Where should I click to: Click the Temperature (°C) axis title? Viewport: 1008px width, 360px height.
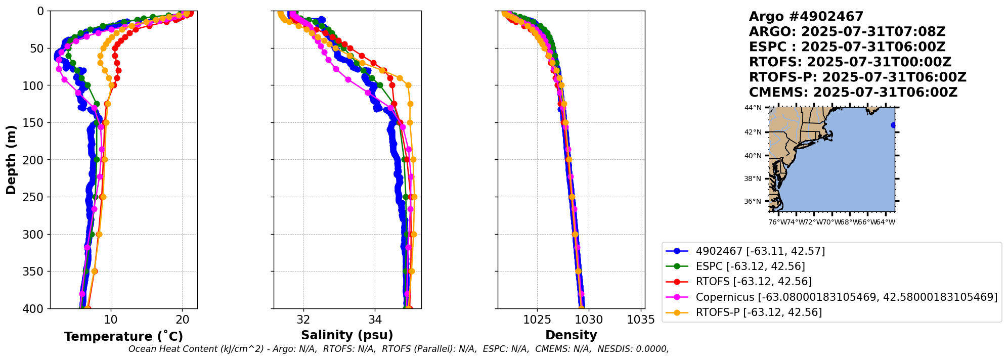click(123, 337)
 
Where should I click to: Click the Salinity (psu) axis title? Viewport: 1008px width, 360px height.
click(347, 335)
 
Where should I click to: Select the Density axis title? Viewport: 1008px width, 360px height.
click(571, 335)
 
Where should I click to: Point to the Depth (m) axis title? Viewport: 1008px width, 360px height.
click(11, 160)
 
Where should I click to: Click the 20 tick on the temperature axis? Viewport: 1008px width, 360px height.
click(183, 320)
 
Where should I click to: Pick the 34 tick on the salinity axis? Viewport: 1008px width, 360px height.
click(375, 320)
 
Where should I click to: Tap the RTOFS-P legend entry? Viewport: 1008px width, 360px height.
click(759, 312)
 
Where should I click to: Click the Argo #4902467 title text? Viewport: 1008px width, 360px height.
click(806, 17)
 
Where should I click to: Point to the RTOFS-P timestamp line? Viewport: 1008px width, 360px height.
click(857, 77)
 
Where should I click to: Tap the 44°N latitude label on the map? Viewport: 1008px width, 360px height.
click(753, 108)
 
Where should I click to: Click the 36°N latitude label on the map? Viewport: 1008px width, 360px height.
click(753, 202)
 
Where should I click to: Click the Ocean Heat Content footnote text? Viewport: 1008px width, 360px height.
click(398, 349)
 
